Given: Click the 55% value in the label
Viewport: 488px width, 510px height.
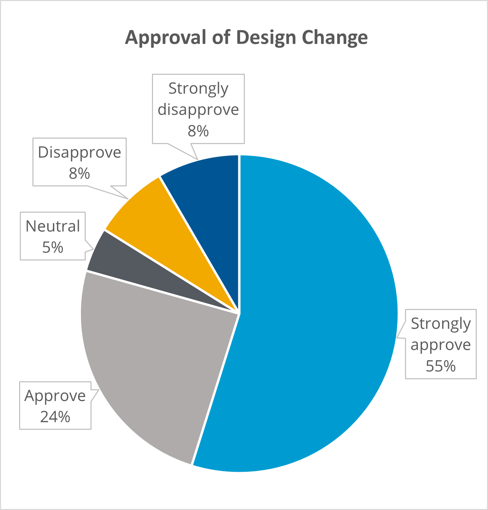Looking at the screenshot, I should pos(441,366).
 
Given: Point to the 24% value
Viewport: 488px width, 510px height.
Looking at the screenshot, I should pos(55,417).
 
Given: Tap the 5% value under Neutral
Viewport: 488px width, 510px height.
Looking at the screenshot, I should pos(53,247).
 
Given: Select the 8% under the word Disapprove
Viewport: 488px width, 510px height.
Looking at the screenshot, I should pos(79,173).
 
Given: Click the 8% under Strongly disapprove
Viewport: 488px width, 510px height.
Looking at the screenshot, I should pos(198,131).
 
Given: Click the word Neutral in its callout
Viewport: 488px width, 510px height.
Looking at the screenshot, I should pos(53,226).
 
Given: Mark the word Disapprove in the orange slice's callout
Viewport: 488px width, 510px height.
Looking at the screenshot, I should pos(79,153).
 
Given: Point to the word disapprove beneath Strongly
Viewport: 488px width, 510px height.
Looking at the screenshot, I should pos(198,110).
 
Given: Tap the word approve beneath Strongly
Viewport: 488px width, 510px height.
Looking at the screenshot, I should pos(441,345).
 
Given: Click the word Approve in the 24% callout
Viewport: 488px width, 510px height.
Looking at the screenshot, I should pos(55,396).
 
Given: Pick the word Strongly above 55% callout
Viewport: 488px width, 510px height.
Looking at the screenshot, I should pos(441,324).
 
